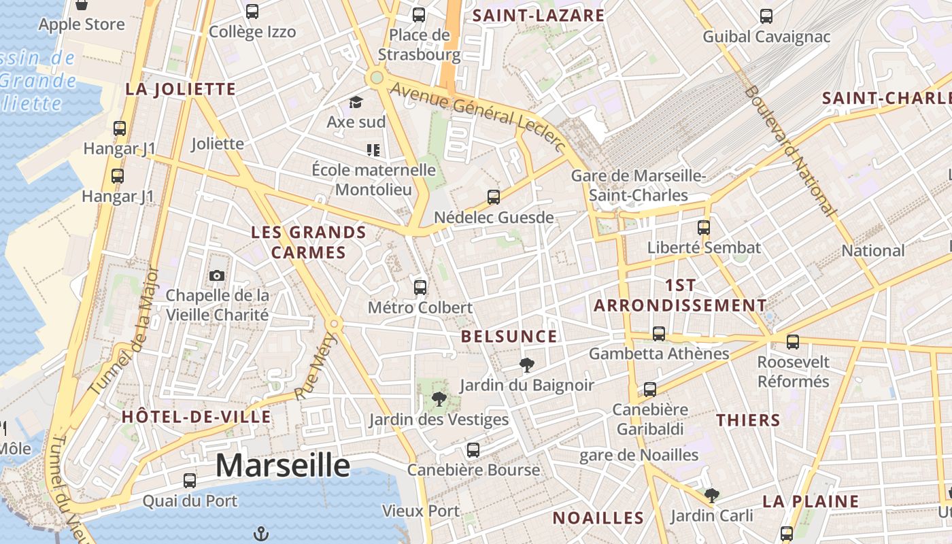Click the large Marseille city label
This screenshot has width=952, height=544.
283,466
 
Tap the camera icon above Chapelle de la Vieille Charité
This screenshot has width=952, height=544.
217,275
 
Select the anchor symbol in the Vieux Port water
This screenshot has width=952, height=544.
260,534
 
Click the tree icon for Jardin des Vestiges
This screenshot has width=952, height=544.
439,399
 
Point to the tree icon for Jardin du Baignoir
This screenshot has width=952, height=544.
526,365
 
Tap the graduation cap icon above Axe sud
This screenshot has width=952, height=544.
356,103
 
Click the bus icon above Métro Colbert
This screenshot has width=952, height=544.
420,287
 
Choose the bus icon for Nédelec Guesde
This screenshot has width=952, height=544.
494,197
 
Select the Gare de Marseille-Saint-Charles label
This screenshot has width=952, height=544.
639,186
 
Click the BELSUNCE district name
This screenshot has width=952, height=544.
509,336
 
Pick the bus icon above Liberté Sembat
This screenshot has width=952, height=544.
704,227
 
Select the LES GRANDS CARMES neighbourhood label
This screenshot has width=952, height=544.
309,242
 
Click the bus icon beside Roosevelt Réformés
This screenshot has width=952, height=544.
793,341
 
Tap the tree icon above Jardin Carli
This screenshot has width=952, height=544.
711,495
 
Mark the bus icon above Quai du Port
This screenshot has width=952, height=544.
190,480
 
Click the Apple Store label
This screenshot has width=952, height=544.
82,24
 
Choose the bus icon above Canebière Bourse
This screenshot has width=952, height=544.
473,449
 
